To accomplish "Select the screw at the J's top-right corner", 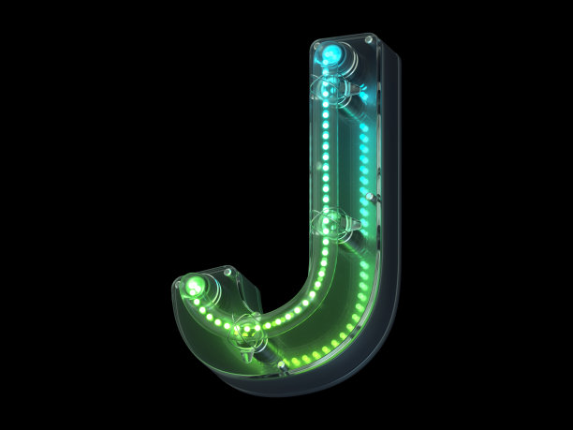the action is click(369, 39).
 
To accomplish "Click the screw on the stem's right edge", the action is click(370, 197).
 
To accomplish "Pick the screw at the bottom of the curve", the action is click(282, 364).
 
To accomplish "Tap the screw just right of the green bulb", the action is click(228, 272).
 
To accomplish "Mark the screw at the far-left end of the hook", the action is click(178, 284).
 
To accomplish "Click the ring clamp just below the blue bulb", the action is click(327, 89).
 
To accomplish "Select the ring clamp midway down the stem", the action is click(327, 224).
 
